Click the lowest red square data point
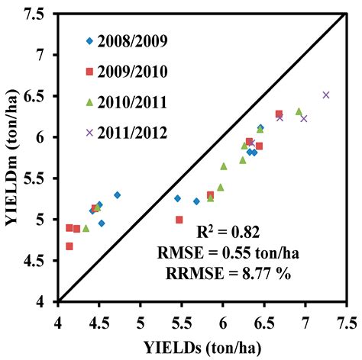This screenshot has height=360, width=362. (x=69, y=246)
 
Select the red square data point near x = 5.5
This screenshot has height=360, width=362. (x=179, y=220)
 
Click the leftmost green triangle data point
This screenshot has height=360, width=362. (x=86, y=228)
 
